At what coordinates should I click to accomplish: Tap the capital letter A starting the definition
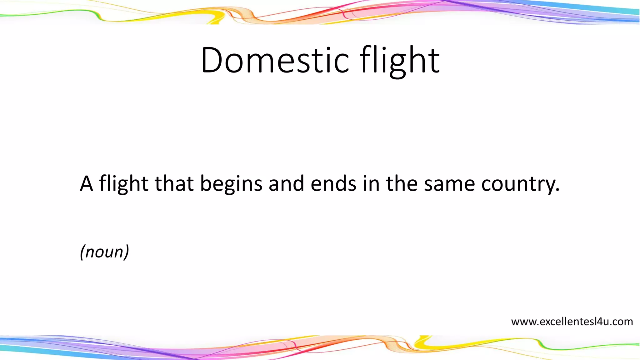(87, 183)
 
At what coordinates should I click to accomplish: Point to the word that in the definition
(174, 183)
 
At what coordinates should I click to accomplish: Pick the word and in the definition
(286, 183)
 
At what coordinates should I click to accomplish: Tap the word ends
(333, 183)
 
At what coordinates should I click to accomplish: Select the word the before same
(402, 183)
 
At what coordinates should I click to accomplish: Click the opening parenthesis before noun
(82, 252)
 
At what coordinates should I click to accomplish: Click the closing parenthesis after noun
(126, 252)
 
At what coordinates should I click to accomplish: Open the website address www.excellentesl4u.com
(572, 322)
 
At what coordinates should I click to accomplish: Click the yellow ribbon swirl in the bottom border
(420, 342)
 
